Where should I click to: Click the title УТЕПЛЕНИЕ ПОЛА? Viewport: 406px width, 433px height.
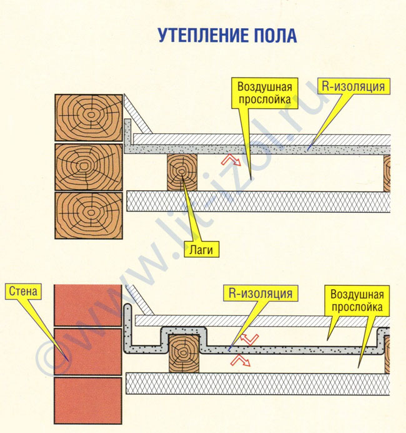(227, 35)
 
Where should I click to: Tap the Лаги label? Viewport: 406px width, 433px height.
(204, 251)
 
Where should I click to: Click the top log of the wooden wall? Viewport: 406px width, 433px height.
(88, 117)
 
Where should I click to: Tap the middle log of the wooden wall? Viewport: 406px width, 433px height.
(88, 166)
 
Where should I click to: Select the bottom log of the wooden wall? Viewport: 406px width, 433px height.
(88, 215)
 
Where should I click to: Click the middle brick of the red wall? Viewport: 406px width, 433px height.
(88, 352)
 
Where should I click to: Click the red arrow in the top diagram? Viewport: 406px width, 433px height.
(230, 161)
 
